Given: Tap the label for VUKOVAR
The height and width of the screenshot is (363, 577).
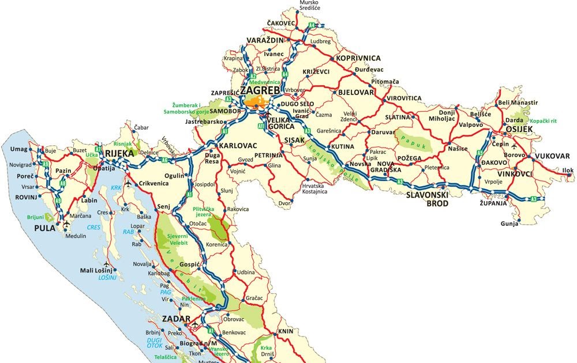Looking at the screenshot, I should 552,156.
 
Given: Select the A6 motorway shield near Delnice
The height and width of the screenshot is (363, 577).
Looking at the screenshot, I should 165,160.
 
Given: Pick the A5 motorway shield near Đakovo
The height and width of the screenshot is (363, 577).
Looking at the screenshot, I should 479,153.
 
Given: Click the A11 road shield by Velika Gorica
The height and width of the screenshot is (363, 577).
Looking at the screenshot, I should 261,125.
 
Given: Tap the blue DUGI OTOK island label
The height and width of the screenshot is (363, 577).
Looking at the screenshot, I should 155,344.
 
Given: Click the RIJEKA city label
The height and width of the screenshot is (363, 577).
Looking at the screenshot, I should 119,153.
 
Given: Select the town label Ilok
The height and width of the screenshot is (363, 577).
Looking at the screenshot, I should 568,171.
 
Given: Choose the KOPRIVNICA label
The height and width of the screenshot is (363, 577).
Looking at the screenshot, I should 358,58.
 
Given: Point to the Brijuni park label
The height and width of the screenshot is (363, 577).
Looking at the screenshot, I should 35,218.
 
